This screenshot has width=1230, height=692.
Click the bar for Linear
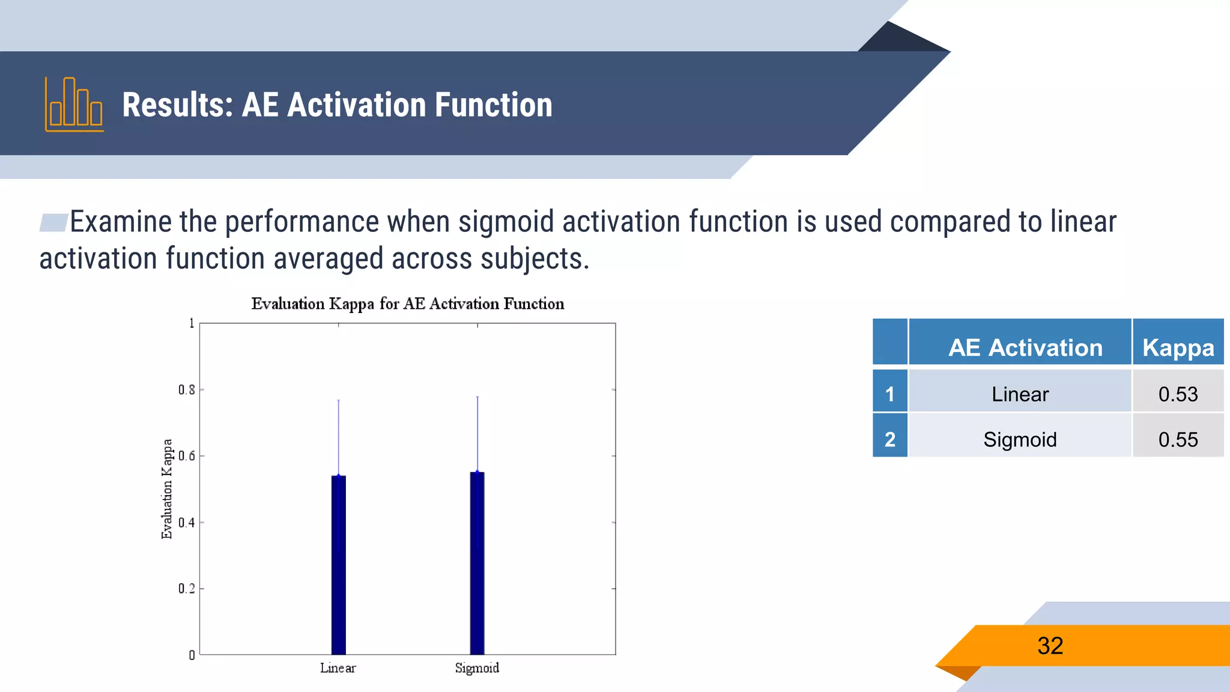(338, 565)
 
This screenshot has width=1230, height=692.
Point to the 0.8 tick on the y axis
(187, 390)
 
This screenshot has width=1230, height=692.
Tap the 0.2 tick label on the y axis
(187, 589)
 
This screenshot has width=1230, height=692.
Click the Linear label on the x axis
(338, 668)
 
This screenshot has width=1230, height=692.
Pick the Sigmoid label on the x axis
(477, 668)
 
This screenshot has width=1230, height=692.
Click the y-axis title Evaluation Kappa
(167, 489)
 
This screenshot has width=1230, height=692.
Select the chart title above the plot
(407, 304)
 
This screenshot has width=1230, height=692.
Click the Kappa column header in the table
(1178, 347)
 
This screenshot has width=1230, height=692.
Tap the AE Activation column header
(1025, 347)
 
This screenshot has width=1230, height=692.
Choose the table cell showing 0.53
(1178, 394)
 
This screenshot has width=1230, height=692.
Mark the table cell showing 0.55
(1178, 440)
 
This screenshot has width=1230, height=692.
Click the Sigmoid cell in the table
(1020, 440)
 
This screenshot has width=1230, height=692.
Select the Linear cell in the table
(1020, 394)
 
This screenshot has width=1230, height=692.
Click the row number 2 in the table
(889, 440)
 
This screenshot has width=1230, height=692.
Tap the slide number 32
(1050, 646)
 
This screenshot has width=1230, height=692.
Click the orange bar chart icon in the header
(74, 105)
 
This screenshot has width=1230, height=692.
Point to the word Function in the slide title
(493, 105)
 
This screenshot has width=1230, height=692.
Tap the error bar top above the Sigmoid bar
(477, 397)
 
